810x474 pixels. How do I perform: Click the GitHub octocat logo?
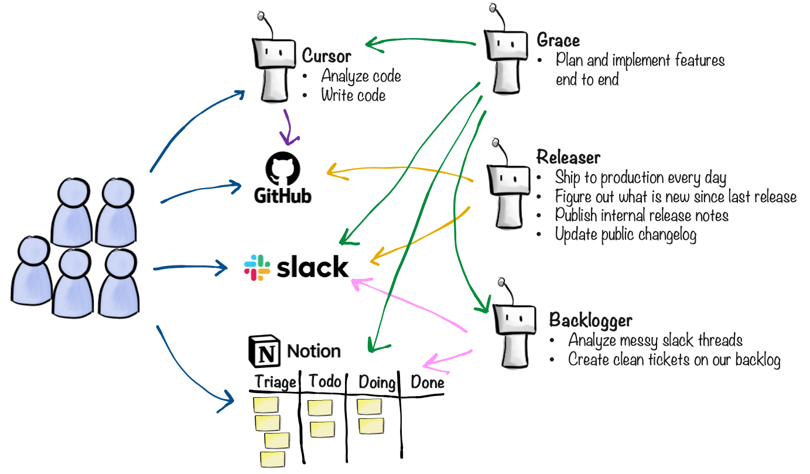coord(283,169)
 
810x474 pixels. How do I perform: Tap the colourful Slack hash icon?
coord(257,267)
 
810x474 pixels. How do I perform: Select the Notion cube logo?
coord(264,351)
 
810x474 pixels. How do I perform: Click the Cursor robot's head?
coord(274,52)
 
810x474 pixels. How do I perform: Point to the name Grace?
coord(558,40)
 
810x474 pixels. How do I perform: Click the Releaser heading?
coord(568,158)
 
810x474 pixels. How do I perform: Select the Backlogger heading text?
coord(590,320)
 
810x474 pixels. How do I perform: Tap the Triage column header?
coord(275,383)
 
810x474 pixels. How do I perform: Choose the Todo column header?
coord(325,381)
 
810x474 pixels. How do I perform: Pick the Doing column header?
coord(377,383)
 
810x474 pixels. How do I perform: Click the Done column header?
coord(427,383)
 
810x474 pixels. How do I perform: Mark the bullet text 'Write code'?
coord(353,95)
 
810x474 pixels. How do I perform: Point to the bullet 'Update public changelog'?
coord(626,234)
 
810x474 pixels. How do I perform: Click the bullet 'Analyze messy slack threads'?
coord(655,340)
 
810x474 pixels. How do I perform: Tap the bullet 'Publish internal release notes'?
coord(641,215)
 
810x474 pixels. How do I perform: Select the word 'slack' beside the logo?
coord(312,268)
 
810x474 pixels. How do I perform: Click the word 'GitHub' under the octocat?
coord(283,195)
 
